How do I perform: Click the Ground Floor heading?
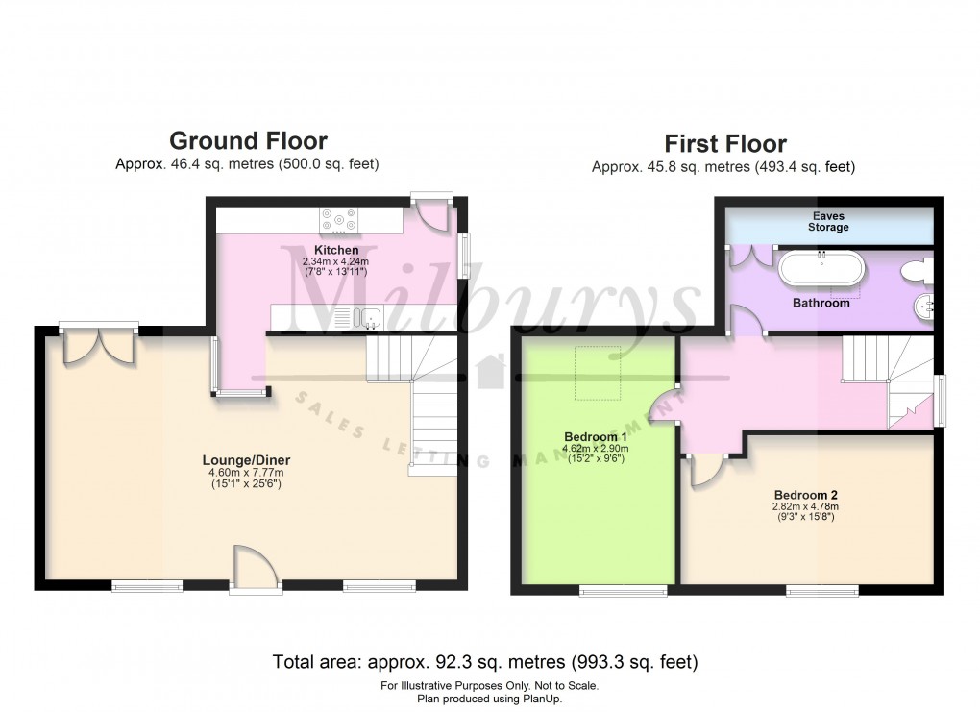click(248, 142)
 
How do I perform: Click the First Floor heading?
click(725, 144)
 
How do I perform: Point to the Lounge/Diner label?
click(248, 459)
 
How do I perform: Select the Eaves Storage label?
click(827, 222)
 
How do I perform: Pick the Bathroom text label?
click(821, 303)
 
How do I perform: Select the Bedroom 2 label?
click(804, 496)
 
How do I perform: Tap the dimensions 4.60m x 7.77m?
click(248, 472)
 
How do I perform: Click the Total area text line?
click(484, 661)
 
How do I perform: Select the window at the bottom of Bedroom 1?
click(623, 591)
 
